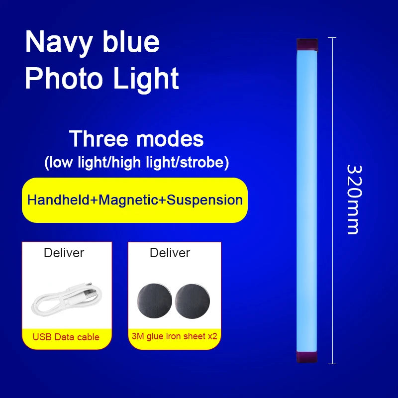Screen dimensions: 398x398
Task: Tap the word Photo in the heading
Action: [x=62, y=79]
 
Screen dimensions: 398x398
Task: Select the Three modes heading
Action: [x=136, y=139]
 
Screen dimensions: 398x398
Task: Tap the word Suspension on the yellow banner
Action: [x=204, y=200]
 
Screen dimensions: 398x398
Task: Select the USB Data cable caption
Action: [x=66, y=337]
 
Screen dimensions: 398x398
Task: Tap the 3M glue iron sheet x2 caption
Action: [x=175, y=336]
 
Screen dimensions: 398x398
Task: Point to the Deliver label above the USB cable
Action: [x=64, y=253]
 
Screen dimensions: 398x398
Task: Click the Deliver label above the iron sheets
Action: [x=170, y=253]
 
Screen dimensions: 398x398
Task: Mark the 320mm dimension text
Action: [x=352, y=199]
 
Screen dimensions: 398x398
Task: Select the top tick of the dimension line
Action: [x=332, y=38]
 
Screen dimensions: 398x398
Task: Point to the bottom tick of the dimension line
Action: [x=332, y=363]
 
